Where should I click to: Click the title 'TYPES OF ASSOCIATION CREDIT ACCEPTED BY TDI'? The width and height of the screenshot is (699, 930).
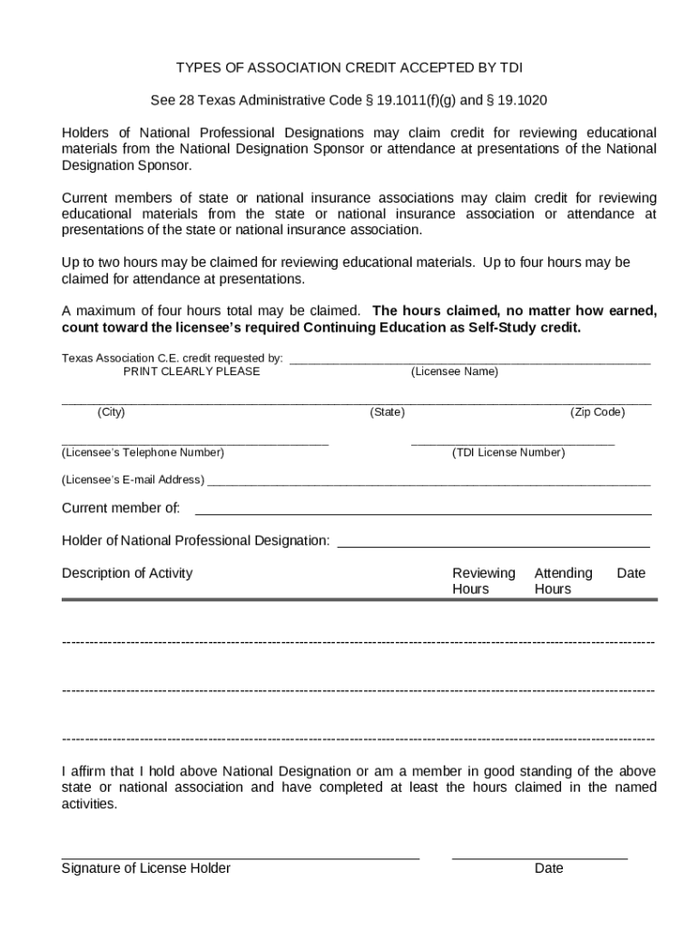349,68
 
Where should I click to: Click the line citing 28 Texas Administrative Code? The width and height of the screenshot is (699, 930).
349,100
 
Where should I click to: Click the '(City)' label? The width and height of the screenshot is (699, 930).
111,412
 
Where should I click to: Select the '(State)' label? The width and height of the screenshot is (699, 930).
387,412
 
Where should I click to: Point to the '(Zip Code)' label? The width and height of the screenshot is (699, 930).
597,412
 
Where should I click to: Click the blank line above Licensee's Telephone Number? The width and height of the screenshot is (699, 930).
194,442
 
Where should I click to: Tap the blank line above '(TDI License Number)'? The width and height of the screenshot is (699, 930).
512,442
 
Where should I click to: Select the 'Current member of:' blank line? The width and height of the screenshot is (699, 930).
423,513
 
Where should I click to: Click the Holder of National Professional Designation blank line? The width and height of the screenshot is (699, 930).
493,546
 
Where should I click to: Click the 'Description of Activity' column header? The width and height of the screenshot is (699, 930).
127,573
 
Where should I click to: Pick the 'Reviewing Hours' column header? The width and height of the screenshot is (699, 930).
483,581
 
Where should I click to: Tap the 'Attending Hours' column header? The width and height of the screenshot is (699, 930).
562,581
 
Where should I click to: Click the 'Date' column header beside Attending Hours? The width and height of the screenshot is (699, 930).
631,573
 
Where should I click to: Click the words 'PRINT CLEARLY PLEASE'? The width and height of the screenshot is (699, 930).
192,371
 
